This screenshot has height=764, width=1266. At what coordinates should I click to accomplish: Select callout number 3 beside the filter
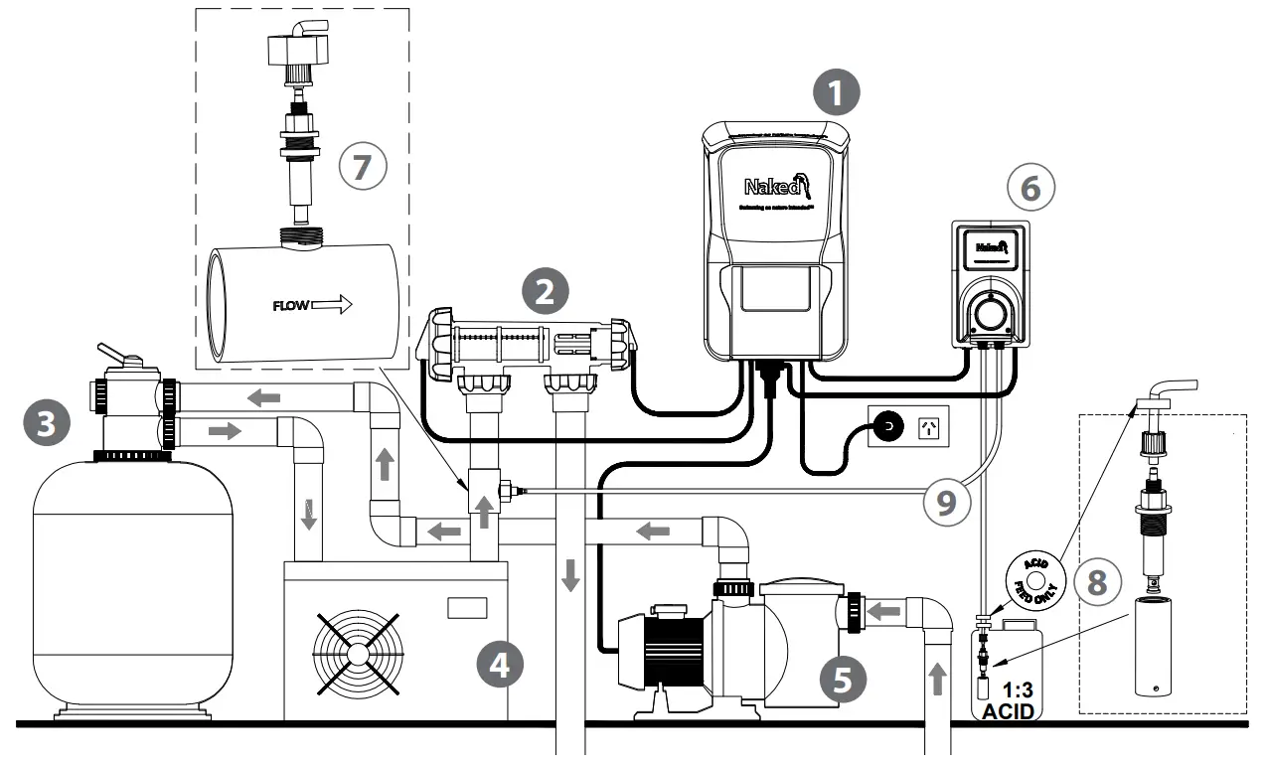click(46, 424)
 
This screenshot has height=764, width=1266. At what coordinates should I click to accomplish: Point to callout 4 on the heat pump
click(500, 665)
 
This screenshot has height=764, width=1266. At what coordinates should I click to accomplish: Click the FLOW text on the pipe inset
click(290, 305)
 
